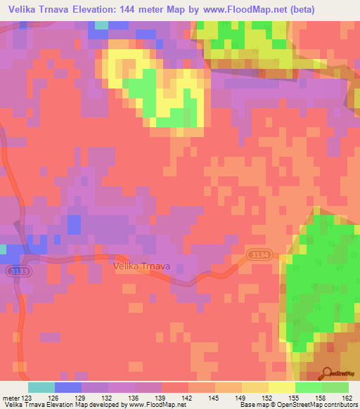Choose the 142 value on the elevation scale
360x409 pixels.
point(188,398)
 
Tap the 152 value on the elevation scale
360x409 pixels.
point(268,398)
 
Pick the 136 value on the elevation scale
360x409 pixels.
point(134,398)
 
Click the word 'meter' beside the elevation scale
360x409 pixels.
point(11,398)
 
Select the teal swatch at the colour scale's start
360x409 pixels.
point(41,388)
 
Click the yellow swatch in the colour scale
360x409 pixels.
point(281,388)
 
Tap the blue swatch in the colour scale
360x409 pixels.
point(68,388)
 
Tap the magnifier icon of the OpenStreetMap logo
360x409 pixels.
point(326,375)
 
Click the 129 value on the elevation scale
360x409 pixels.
point(81,398)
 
